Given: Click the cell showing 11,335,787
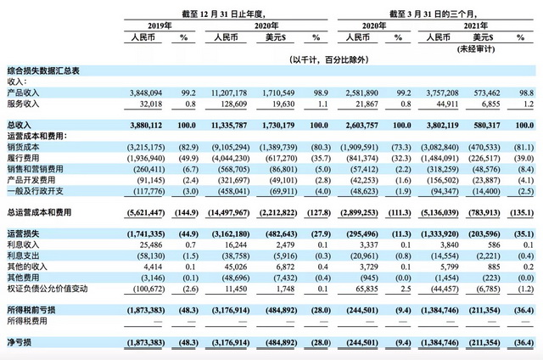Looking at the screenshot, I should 225,124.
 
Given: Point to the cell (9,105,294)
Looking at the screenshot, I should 223,146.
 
